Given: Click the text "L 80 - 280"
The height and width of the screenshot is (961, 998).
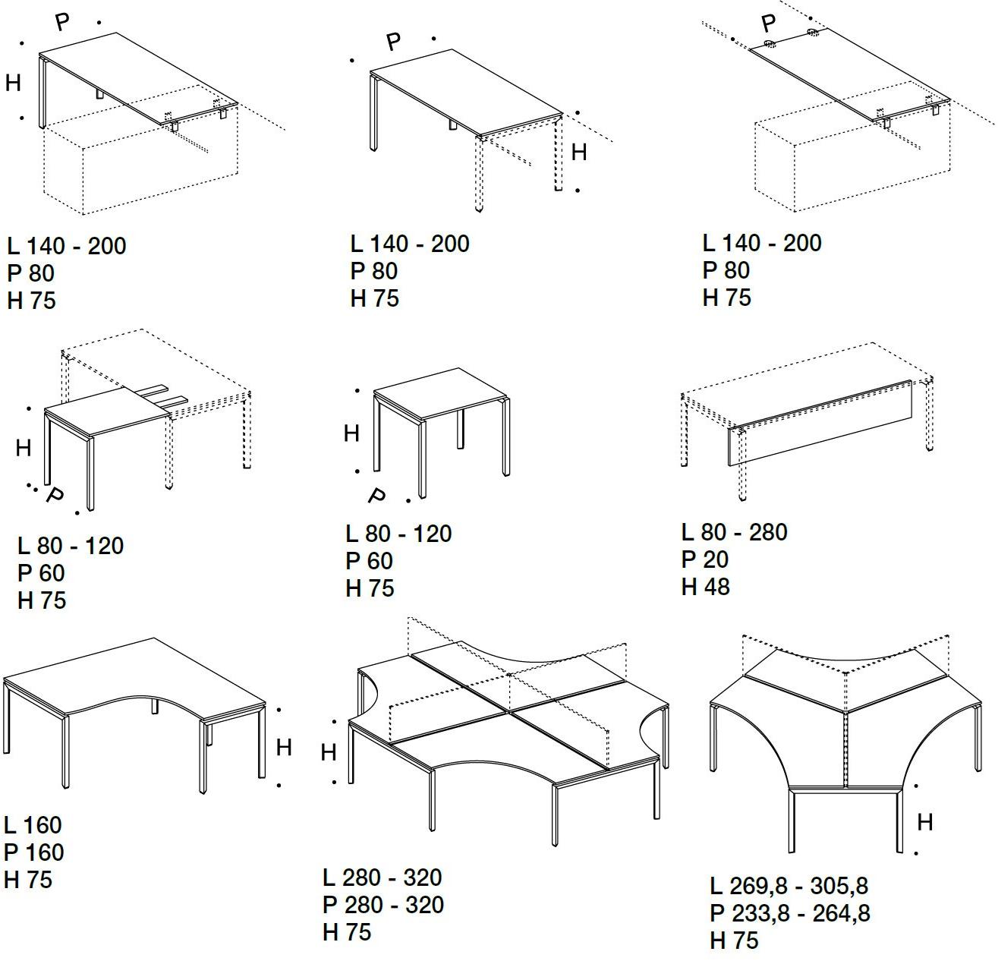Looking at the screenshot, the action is pyautogui.click(x=734, y=532).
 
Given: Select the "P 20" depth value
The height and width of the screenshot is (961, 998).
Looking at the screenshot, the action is pyautogui.click(x=704, y=559).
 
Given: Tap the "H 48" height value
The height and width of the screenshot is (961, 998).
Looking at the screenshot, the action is pyautogui.click(x=705, y=587).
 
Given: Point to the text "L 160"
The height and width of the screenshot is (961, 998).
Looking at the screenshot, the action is pyautogui.click(x=33, y=825).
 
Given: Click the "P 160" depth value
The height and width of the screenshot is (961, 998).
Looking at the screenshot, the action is pyautogui.click(x=34, y=852).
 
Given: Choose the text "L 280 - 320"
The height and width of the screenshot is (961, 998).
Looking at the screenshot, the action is pyautogui.click(x=382, y=878).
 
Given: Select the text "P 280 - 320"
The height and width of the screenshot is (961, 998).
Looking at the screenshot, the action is pyautogui.click(x=383, y=905).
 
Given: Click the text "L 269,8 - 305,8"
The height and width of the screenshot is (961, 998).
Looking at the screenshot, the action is pyautogui.click(x=789, y=886).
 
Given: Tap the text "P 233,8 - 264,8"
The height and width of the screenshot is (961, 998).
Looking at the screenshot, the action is pyautogui.click(x=790, y=913).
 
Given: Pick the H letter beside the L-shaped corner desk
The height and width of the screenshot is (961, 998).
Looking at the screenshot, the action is pyautogui.click(x=284, y=748).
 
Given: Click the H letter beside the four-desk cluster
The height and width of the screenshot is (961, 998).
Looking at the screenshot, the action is pyautogui.click(x=328, y=753).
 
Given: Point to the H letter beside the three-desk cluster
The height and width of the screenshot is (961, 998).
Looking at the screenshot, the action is pyautogui.click(x=924, y=823).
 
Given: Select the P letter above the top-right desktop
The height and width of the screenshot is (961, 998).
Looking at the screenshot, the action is pyautogui.click(x=768, y=23).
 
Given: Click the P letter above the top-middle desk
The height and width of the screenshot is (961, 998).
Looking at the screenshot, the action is pyautogui.click(x=393, y=41).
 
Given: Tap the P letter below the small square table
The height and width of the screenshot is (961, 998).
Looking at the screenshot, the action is pyautogui.click(x=377, y=495).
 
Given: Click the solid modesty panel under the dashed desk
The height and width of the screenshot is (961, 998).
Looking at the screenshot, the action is pyautogui.click(x=820, y=423).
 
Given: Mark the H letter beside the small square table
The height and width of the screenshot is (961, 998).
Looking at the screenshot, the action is pyautogui.click(x=351, y=433).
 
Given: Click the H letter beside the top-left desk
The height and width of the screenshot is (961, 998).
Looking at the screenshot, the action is pyautogui.click(x=13, y=83).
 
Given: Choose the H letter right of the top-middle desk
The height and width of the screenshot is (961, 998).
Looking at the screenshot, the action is pyautogui.click(x=579, y=152).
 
